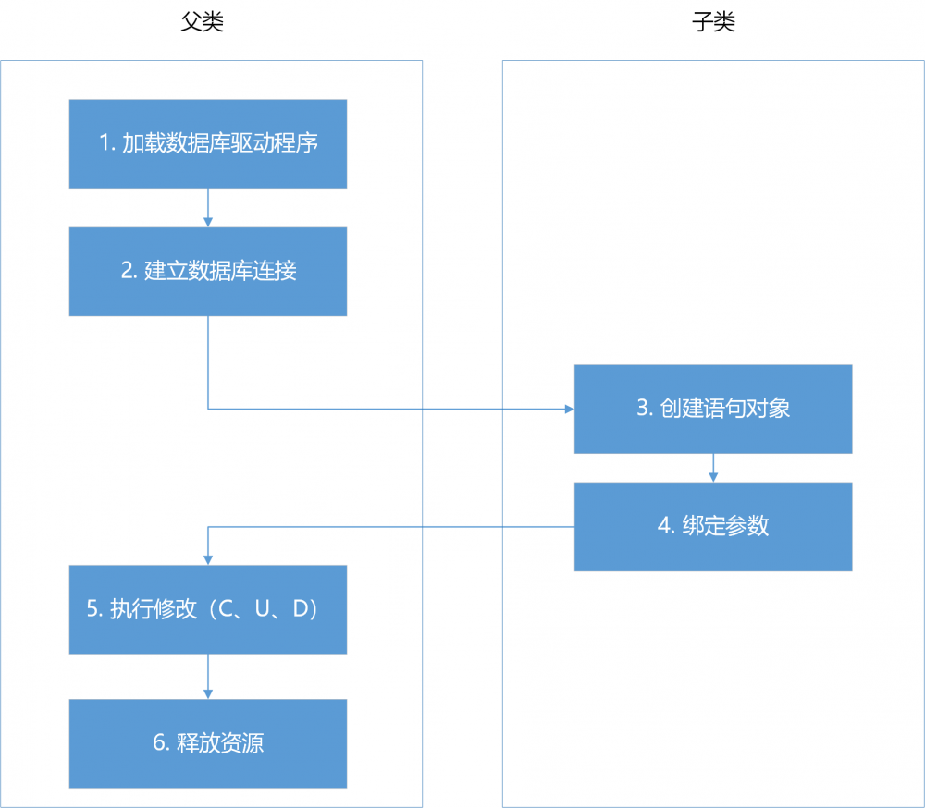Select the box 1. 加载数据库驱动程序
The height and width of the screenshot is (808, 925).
[x=208, y=143]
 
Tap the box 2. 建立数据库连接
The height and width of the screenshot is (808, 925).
[x=208, y=271]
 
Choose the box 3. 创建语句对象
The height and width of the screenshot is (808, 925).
[x=713, y=409]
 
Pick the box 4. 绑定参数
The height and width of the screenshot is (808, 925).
[x=713, y=526]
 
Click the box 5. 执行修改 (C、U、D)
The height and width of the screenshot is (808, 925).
[x=208, y=609]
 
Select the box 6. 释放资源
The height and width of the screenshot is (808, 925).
[x=208, y=743]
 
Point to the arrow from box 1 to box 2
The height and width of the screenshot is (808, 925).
[x=208, y=208]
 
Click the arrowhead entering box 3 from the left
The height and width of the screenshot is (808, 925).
[x=569, y=409]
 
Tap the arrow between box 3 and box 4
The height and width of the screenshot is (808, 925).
[x=713, y=468]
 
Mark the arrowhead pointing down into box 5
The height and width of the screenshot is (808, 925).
[x=208, y=559]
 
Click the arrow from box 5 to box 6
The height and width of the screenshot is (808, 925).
[x=208, y=677]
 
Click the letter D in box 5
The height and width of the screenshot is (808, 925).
[x=299, y=609]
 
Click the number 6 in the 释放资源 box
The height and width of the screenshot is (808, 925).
[x=158, y=743]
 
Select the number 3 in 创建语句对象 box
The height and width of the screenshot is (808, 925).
[x=642, y=409]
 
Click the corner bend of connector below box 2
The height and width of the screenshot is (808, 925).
[x=208, y=409]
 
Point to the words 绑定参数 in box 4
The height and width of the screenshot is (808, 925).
[x=726, y=526]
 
